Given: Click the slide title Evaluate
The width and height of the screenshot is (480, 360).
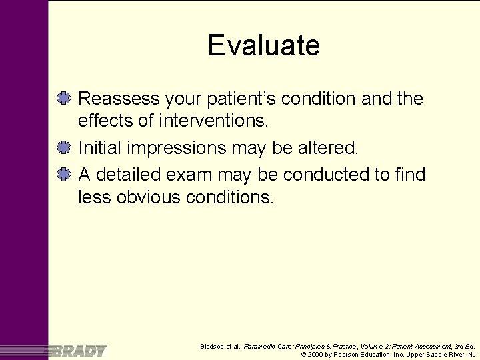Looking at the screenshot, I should click(x=263, y=45).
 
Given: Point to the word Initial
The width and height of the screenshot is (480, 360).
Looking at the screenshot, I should click(x=99, y=148).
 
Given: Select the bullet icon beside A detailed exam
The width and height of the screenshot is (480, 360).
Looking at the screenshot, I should click(x=65, y=174).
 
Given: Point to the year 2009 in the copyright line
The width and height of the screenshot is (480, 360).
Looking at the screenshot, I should click(x=315, y=355).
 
